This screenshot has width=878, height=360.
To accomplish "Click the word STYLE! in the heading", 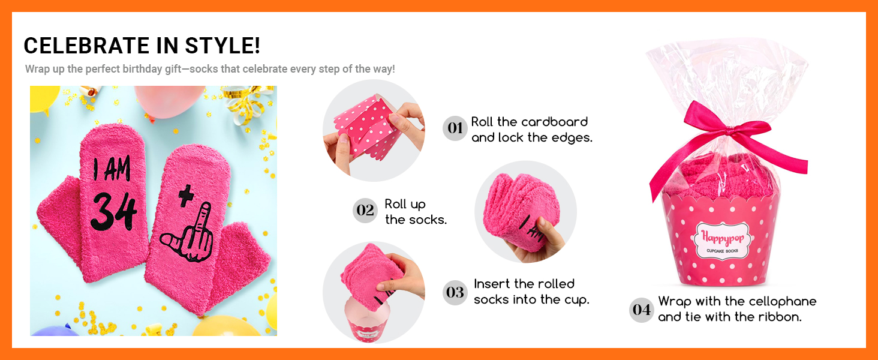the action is coord(222,46).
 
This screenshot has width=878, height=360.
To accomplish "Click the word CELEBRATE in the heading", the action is coord(86,46).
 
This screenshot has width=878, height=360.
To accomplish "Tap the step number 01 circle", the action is coord(455,128).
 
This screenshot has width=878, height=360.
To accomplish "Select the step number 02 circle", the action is coord(365,211).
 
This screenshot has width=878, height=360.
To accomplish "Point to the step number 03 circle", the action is coord(455,293).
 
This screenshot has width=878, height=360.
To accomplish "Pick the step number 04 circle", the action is coord(641,310).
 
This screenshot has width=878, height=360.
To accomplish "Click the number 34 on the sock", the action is coord(115,212).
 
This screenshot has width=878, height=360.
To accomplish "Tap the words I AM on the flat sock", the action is coord(112,169).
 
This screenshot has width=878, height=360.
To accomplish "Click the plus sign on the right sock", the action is coord(186,196).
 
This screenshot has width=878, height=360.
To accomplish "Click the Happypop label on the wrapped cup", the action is coord(722,240).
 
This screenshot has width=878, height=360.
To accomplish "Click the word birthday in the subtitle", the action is coord(142,69).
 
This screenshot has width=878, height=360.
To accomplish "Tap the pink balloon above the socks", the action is coord(169,101).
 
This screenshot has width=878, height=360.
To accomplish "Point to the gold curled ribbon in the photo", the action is coord(245,103).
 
